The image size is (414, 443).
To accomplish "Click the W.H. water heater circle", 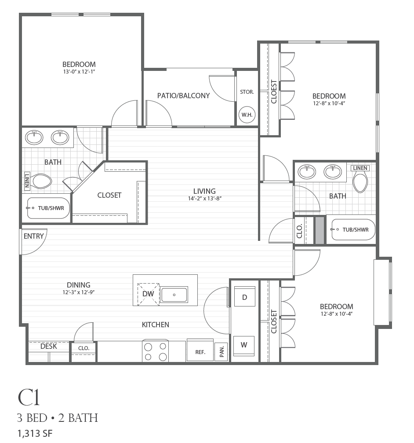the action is click(x=247, y=114).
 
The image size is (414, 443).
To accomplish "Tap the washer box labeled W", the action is click(x=244, y=345).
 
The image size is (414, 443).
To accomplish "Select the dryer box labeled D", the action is click(x=244, y=297).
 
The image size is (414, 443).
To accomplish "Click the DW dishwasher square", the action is click(x=149, y=294).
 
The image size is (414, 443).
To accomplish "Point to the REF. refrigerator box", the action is click(x=200, y=351).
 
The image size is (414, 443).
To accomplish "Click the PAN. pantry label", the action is click(x=222, y=352).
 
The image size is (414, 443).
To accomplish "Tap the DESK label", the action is click(x=48, y=346).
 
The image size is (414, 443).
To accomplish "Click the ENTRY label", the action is click(x=33, y=236).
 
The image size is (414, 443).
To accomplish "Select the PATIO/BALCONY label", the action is click(x=183, y=96).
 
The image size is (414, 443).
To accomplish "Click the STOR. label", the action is click(x=247, y=92).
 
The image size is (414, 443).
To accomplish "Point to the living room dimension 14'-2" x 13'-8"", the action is click(x=205, y=198).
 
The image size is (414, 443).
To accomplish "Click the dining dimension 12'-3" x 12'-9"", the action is click(x=78, y=292).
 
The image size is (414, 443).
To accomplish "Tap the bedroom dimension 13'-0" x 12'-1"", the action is click(x=79, y=71).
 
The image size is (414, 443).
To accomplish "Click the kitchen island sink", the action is click(x=174, y=295).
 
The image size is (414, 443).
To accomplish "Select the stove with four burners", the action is click(x=156, y=351).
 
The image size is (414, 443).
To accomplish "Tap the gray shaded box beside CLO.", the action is click(x=320, y=230).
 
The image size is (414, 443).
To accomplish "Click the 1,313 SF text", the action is click(x=35, y=433).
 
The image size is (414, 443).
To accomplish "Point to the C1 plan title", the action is click(x=29, y=397).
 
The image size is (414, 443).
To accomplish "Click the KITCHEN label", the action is click(x=156, y=325).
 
